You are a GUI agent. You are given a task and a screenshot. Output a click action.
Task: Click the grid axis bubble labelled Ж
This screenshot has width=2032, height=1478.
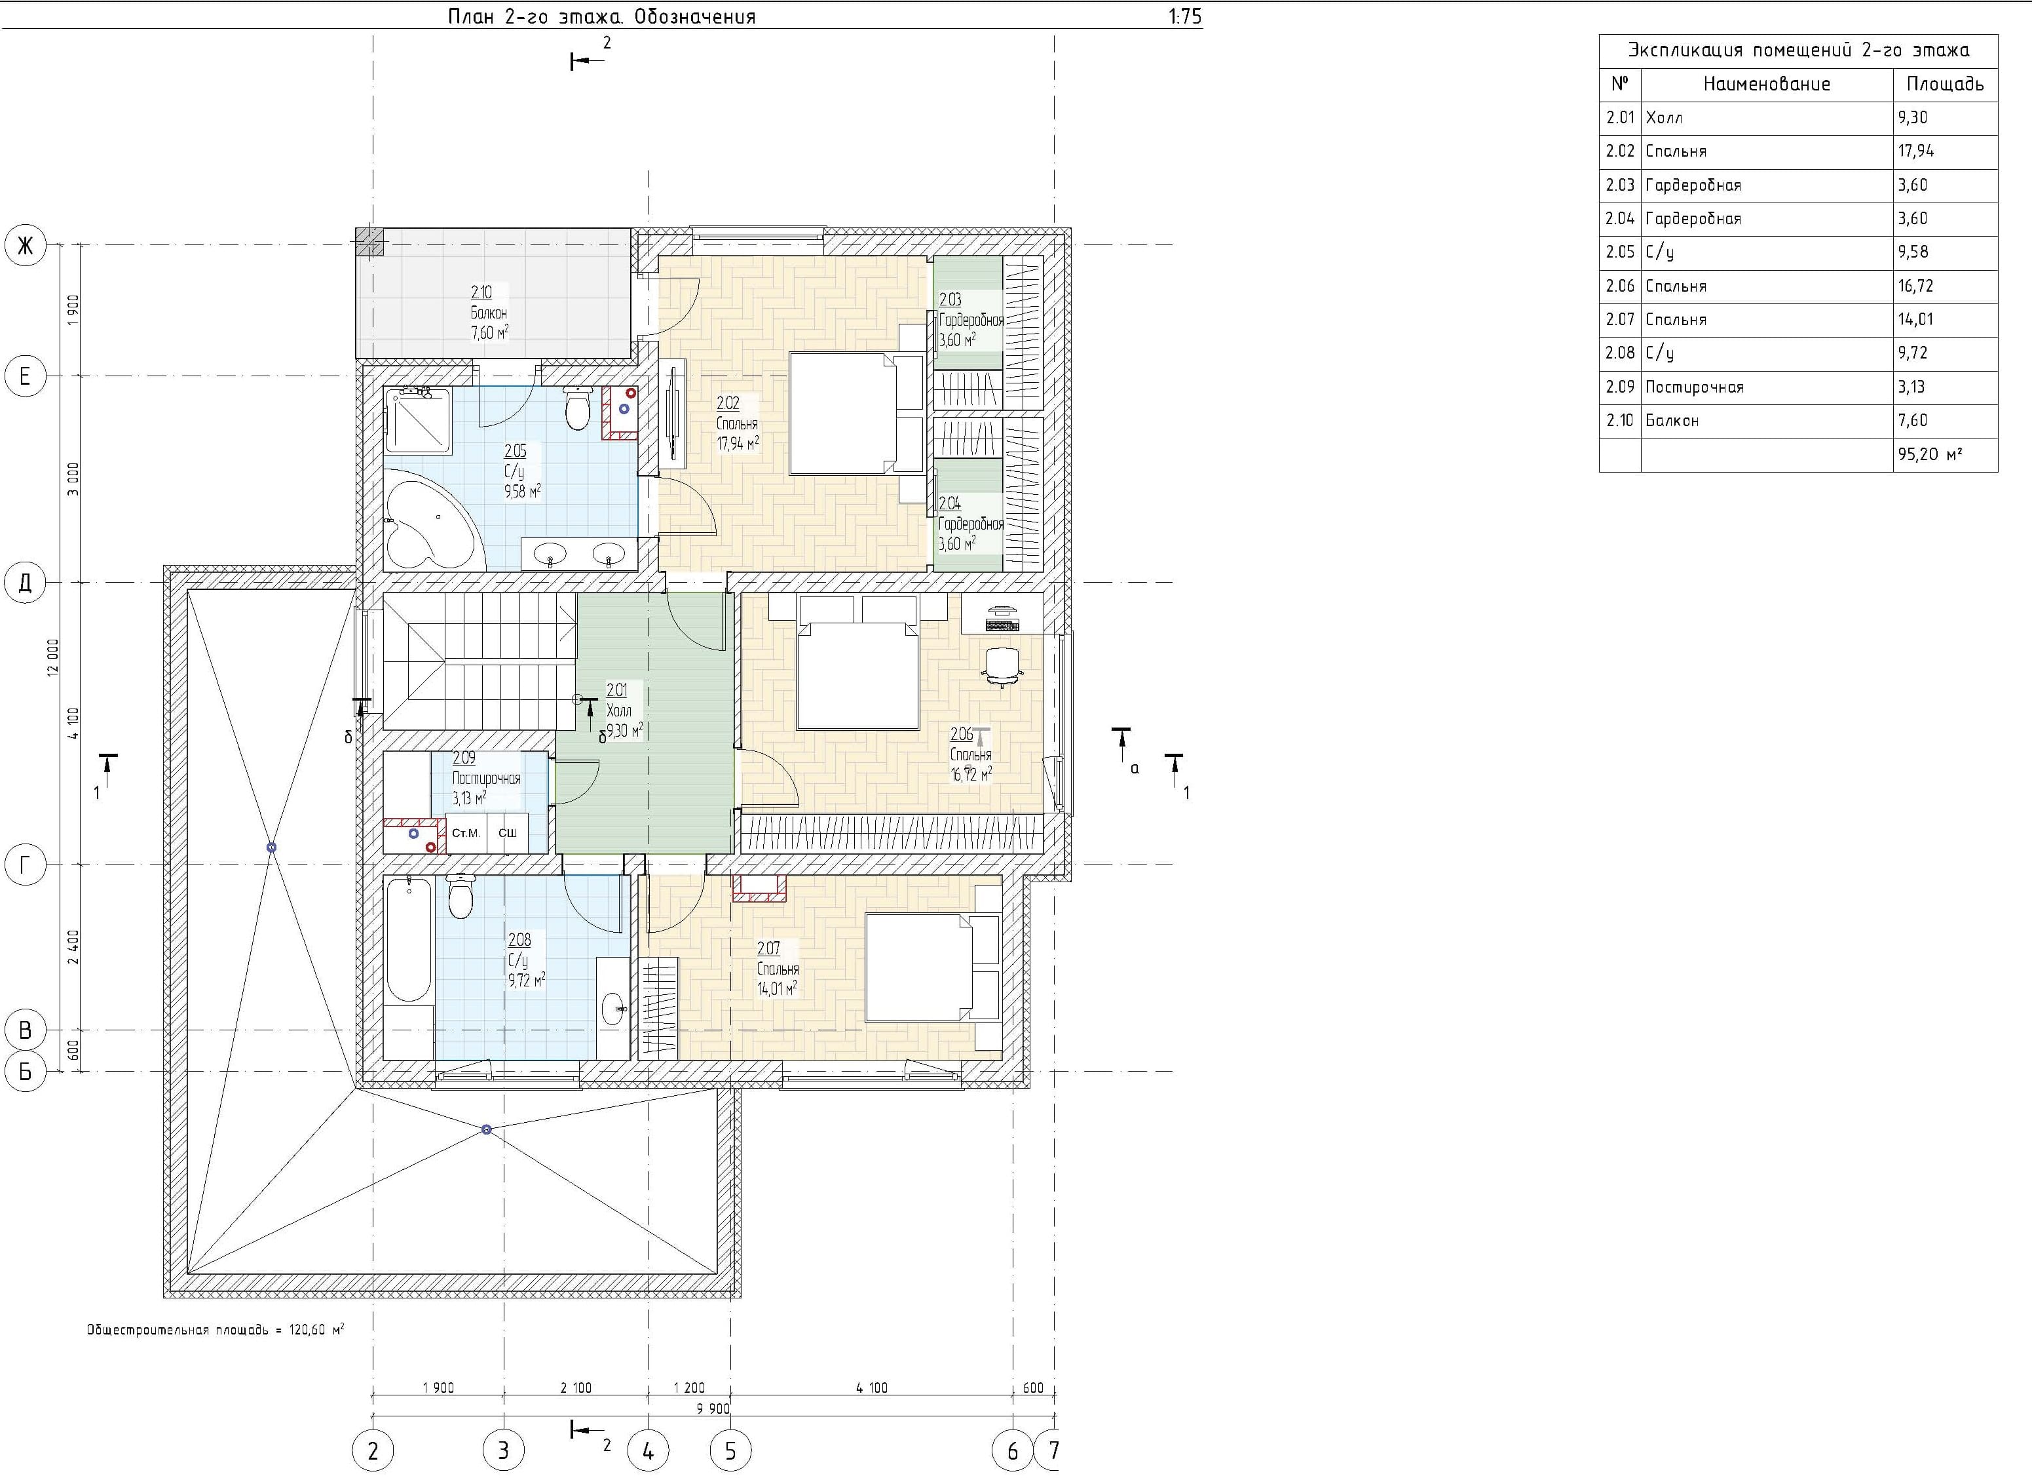click(x=25, y=246)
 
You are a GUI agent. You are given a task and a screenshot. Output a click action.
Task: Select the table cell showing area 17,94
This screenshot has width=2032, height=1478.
click(x=1945, y=151)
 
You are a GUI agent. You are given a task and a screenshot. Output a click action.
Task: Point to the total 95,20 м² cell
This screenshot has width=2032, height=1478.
click(x=1945, y=454)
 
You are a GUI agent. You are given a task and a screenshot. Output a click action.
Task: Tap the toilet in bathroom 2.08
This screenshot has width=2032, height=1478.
click(x=461, y=897)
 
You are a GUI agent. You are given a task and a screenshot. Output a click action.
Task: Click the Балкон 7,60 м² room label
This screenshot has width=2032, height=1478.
click(x=489, y=313)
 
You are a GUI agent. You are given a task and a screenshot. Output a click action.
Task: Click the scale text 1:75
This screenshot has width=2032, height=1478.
click(x=1186, y=17)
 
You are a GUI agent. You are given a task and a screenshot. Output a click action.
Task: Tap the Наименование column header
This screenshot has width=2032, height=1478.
click(x=1767, y=85)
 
